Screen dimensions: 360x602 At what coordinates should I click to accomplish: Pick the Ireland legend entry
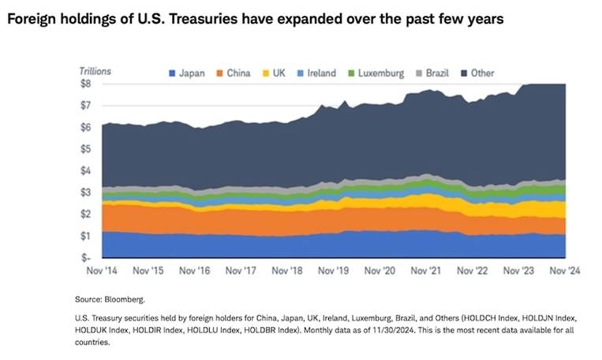click(x=321, y=73)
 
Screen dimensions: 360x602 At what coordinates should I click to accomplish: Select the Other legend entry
click(x=482, y=73)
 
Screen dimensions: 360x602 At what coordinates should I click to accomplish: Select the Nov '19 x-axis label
click(x=334, y=270)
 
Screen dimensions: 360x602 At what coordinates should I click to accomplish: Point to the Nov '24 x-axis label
click(x=564, y=270)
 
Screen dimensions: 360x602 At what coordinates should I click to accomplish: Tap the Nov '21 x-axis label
click(x=426, y=270)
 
